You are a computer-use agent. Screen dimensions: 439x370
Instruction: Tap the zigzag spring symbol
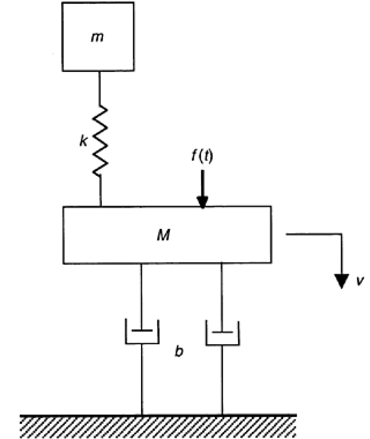101,140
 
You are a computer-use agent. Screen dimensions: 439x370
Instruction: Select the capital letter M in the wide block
166,235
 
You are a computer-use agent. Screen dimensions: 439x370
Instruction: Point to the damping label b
179,352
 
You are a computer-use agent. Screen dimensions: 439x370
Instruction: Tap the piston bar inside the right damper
223,332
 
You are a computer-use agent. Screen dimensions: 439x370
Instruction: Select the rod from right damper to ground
223,379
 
